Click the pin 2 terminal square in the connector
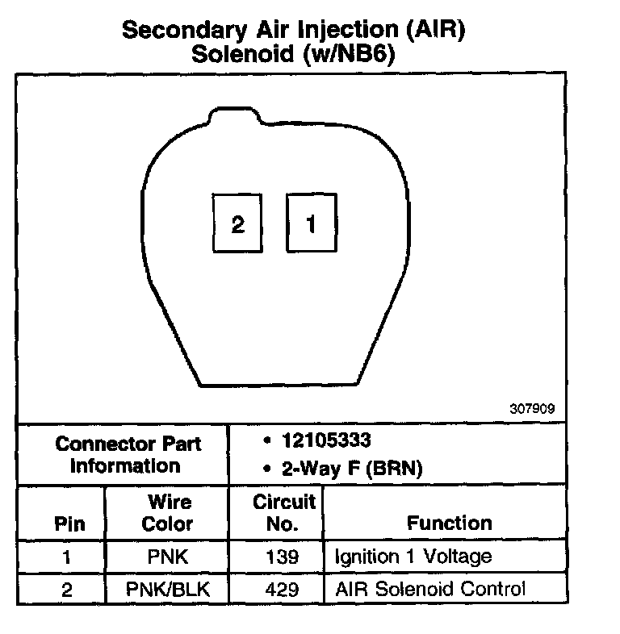[237, 224]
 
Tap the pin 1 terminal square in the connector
[312, 223]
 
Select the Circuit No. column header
[283, 512]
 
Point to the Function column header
[450, 523]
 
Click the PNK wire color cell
[167, 557]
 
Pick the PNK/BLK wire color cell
[167, 590]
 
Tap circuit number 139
[283, 557]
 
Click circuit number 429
[283, 590]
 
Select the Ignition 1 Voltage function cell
[413, 557]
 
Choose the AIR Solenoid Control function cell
[429, 590]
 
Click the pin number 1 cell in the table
[66, 557]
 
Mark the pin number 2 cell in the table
[66, 590]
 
